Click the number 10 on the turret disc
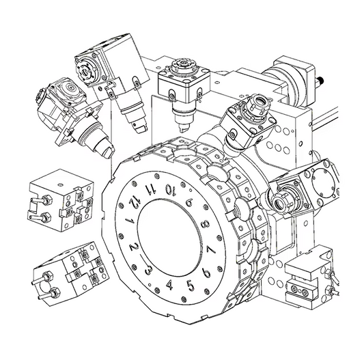[x=170, y=189]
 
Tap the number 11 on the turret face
[x=150, y=189]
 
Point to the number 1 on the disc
[x=128, y=221]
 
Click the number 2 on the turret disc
[x=135, y=246]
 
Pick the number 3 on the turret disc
[x=149, y=269]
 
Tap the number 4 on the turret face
[x=170, y=285]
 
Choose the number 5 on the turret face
[x=190, y=286]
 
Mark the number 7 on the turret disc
[x=211, y=250]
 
